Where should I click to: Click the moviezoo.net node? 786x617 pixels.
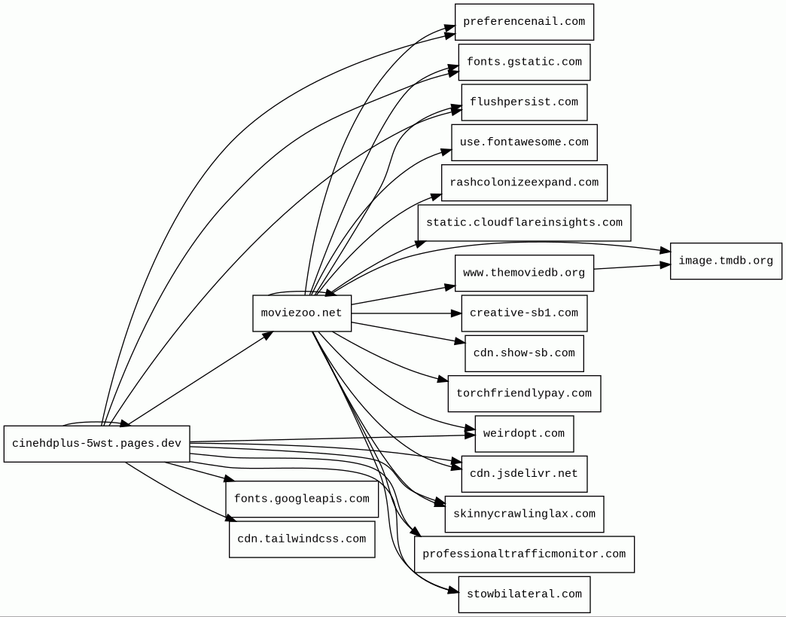[x=302, y=313]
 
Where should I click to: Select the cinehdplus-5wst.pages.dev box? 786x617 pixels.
[x=96, y=444]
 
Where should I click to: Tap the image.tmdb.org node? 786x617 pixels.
[x=726, y=261]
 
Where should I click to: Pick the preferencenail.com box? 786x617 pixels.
[x=524, y=22]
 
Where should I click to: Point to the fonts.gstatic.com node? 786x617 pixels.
[x=524, y=62]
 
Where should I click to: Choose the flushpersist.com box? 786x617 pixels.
[x=524, y=102]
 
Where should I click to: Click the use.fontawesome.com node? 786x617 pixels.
[x=524, y=142]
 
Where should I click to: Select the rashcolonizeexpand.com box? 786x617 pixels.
[x=524, y=183]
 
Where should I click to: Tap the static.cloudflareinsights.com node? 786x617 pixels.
[x=524, y=223]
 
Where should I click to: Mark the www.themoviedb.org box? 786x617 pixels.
[x=524, y=273]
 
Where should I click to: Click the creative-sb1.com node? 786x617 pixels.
[x=524, y=313]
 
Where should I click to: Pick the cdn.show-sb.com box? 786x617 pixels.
[x=524, y=353]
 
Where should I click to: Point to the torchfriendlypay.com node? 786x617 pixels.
[x=524, y=394]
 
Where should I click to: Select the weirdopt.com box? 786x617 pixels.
[x=524, y=434]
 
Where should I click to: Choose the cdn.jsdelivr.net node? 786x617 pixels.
[x=524, y=474]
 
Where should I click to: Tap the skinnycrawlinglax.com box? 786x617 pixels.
[x=524, y=514]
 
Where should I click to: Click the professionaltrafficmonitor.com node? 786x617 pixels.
[x=524, y=554]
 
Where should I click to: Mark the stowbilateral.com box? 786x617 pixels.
[x=524, y=594]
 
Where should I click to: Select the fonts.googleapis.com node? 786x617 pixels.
[x=302, y=499]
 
